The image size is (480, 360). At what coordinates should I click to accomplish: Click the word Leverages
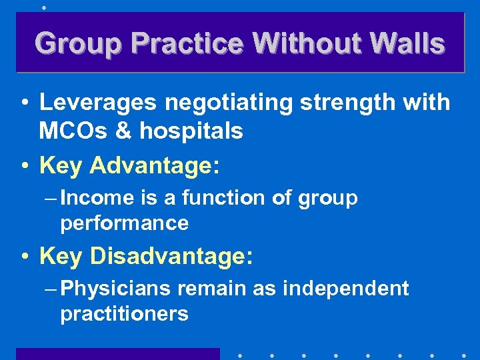click(x=97, y=103)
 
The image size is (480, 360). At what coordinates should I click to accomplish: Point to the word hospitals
click(x=191, y=131)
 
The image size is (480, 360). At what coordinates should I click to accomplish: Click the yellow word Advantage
click(x=149, y=165)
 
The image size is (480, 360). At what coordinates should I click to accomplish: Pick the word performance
click(x=125, y=223)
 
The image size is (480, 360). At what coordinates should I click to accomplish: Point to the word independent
click(x=345, y=289)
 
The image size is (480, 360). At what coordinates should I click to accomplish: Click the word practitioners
click(x=125, y=313)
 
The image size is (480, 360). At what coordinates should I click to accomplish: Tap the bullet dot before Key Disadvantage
click(x=24, y=256)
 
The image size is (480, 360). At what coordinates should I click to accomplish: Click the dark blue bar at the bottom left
click(x=117, y=353)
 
